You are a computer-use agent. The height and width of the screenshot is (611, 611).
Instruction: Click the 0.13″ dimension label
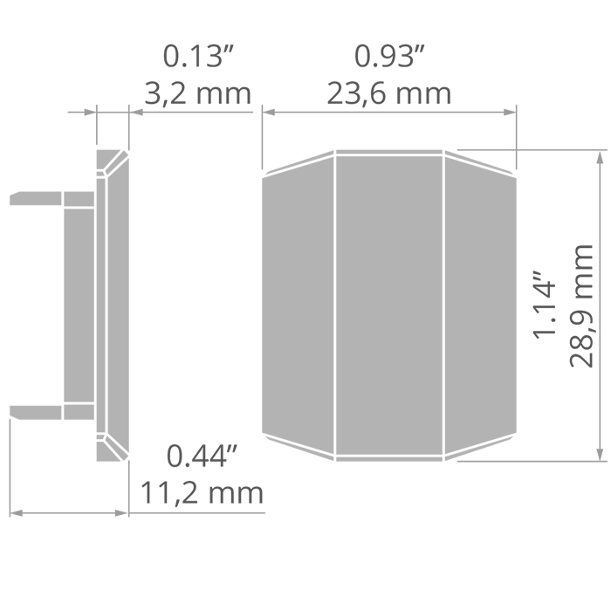198,57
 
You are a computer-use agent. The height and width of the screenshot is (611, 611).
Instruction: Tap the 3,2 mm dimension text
198,94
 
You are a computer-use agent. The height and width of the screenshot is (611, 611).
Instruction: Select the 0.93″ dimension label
389,57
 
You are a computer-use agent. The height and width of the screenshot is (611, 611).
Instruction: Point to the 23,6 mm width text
389,94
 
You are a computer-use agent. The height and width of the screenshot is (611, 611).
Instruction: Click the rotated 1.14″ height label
544,305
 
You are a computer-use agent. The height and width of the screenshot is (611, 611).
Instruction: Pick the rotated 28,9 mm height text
581,305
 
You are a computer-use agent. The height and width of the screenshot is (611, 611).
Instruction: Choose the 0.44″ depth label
202,457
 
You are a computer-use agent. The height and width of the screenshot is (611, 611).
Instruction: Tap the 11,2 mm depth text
202,493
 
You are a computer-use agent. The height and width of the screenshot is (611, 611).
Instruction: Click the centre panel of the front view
389,305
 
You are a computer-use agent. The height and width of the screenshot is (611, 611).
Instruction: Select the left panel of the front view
299,305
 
